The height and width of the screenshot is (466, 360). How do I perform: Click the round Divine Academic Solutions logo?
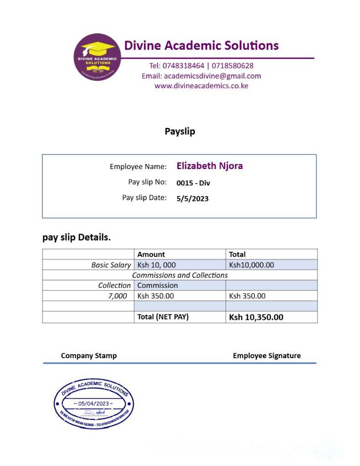coord(97,58)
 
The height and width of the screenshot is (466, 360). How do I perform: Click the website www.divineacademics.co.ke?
coord(201,85)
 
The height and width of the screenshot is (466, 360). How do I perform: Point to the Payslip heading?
coord(180,132)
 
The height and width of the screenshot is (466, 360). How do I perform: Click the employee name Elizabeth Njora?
coord(210,166)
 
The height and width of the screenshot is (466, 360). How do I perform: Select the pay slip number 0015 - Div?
coord(193,183)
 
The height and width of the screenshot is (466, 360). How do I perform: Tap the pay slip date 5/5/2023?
coord(192,199)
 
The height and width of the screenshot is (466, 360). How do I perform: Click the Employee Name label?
coord(138,167)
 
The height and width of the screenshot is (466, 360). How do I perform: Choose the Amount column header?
coord(151,254)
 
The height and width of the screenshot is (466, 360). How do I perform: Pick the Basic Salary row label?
coord(111,265)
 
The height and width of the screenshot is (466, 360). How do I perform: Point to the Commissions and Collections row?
coord(180,275)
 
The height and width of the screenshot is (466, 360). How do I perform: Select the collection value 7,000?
coord(117,296)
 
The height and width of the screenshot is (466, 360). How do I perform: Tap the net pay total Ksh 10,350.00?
coord(256,317)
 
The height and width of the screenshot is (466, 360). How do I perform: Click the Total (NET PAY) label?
coord(163,317)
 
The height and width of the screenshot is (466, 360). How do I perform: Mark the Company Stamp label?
coord(89,355)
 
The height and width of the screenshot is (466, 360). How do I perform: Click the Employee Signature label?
coord(267,355)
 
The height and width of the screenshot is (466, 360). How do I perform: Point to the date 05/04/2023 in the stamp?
coord(94,403)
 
